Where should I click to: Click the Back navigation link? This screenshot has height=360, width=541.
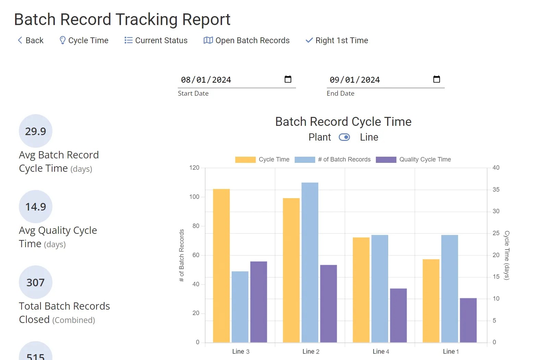click(30, 40)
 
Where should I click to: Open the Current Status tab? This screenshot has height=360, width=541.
click(156, 40)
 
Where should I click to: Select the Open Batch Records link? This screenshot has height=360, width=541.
click(247, 40)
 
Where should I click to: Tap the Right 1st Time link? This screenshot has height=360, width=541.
click(337, 40)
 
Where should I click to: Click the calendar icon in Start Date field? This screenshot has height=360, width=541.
click(288, 79)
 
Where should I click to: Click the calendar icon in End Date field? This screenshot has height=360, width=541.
click(437, 79)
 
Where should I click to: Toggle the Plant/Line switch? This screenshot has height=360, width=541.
click(344, 137)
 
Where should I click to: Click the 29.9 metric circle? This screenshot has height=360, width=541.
click(36, 131)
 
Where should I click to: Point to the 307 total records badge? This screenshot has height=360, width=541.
click(36, 282)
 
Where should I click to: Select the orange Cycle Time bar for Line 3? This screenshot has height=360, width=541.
click(221, 266)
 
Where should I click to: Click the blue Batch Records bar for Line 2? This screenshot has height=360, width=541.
click(310, 262)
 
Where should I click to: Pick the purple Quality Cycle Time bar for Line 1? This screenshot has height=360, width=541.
click(468, 320)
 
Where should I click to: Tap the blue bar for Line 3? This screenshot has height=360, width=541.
click(240, 307)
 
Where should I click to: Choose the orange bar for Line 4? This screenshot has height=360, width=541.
click(361, 290)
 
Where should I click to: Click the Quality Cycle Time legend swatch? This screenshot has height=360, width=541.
click(386, 159)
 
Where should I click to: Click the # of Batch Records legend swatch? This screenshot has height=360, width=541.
click(305, 159)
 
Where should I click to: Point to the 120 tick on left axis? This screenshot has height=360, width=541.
click(194, 168)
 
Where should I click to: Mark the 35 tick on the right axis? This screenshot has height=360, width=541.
click(496, 190)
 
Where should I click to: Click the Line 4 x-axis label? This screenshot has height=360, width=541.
click(381, 351)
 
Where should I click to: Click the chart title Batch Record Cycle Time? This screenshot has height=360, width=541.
click(343, 122)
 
